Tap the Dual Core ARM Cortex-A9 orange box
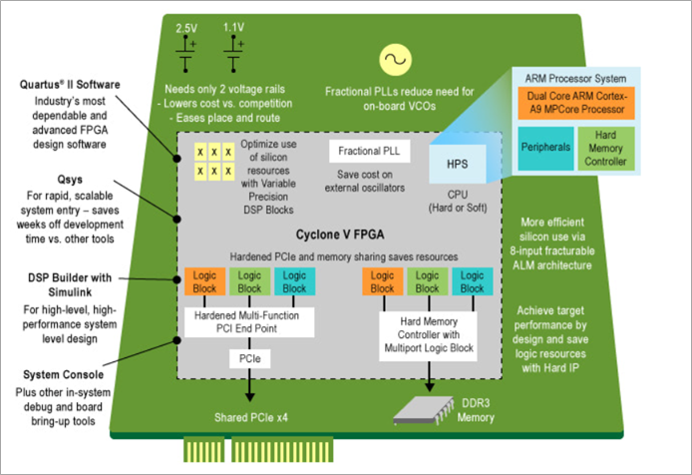click(573, 102)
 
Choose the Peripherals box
click(545, 147)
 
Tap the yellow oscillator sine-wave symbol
click(391, 60)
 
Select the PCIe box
click(248, 356)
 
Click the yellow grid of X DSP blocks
click(213, 160)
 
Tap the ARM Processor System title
click(573, 76)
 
